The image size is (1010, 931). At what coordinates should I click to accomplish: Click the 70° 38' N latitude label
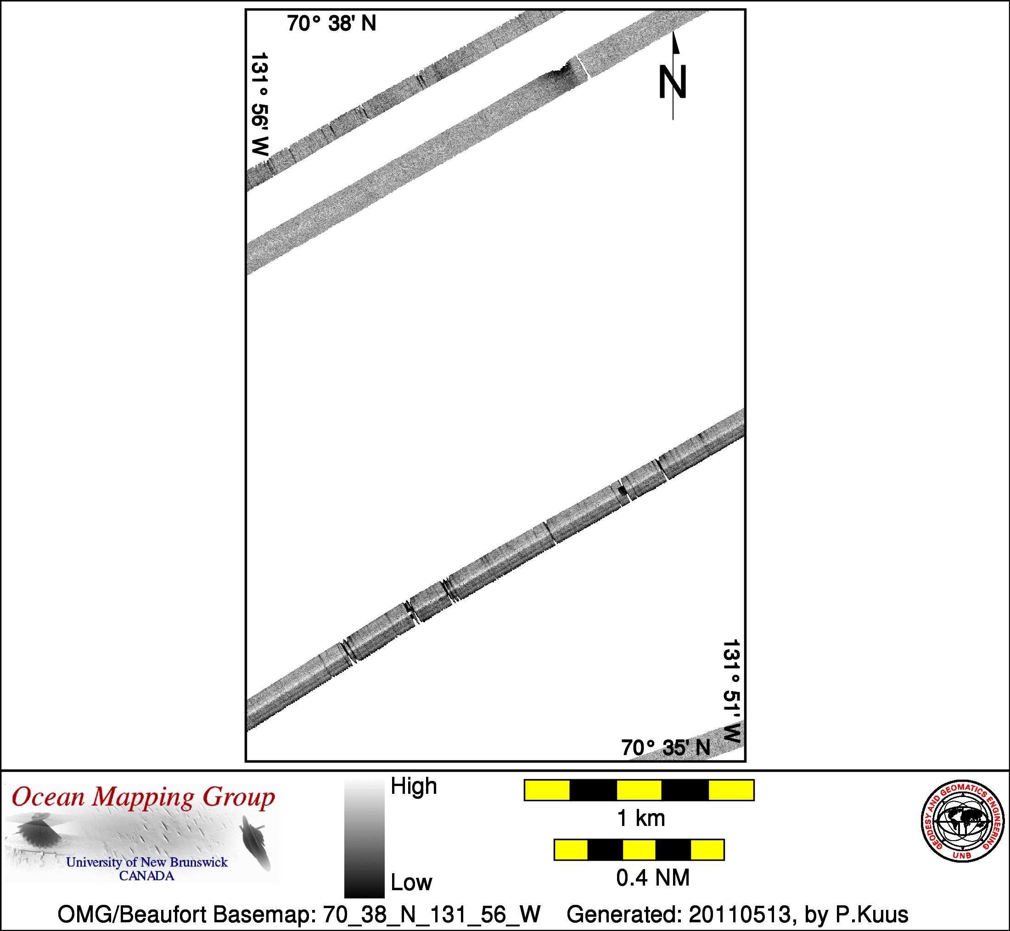tap(331, 24)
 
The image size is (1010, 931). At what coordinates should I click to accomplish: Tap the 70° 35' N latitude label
tap(666, 747)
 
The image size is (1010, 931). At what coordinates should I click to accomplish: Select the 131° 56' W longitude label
tap(260, 104)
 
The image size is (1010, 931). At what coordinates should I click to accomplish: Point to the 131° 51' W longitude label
tap(732, 691)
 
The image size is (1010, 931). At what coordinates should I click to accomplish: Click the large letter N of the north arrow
tap(673, 82)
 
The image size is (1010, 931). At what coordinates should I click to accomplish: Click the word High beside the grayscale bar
tap(414, 786)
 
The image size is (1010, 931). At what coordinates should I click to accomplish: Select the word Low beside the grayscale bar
tap(411, 882)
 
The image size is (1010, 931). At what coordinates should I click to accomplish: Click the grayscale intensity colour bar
tap(365, 838)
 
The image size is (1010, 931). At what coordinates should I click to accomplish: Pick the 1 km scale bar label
tap(641, 818)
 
